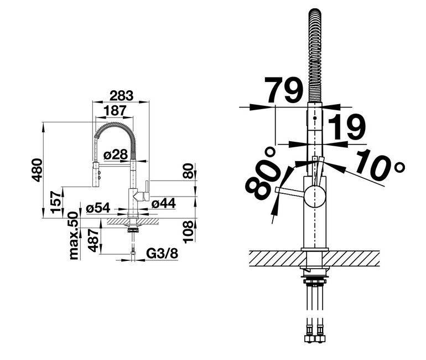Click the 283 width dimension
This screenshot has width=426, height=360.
click(122, 95)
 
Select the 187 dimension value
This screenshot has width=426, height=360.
click(115, 110)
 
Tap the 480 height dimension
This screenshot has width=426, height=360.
click(37, 170)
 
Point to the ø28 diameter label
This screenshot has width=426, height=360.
click(116, 155)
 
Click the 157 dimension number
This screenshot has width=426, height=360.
click(56, 202)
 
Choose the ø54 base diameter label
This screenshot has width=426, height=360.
click(98, 208)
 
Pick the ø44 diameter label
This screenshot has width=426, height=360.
click(164, 203)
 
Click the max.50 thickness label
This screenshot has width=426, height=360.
click(74, 236)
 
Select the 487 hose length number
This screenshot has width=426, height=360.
click(93, 240)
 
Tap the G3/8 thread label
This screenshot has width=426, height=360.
click(162, 254)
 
